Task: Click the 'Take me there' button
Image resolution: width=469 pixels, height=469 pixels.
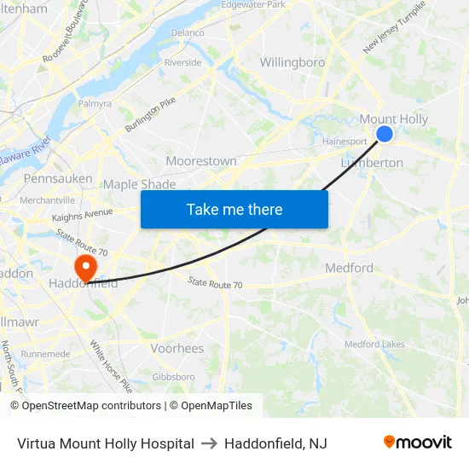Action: click(x=234, y=209)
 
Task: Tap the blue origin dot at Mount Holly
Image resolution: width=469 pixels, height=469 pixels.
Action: click(x=385, y=134)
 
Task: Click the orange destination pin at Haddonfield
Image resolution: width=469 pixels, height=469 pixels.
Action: click(x=84, y=267)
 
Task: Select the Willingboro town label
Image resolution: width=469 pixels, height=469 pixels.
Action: click(x=292, y=62)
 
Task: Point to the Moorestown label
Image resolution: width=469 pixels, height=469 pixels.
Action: click(x=201, y=161)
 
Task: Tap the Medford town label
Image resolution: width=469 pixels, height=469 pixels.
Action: click(x=349, y=268)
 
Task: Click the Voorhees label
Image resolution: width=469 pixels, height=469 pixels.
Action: click(x=177, y=348)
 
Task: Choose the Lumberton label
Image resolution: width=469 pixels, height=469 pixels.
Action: click(x=372, y=163)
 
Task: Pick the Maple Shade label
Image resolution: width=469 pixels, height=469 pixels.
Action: click(x=139, y=184)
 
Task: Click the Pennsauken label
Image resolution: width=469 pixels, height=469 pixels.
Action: click(x=58, y=179)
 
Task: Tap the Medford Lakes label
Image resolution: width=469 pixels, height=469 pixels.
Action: click(x=374, y=345)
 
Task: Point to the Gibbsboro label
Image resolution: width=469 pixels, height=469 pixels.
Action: click(x=173, y=376)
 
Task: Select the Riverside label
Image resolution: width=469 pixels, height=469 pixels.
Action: click(x=182, y=62)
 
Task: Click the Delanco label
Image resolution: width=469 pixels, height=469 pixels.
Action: click(x=188, y=32)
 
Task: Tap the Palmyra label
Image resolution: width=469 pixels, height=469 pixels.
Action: click(x=96, y=103)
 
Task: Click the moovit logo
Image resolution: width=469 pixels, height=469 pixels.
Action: click(x=417, y=443)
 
